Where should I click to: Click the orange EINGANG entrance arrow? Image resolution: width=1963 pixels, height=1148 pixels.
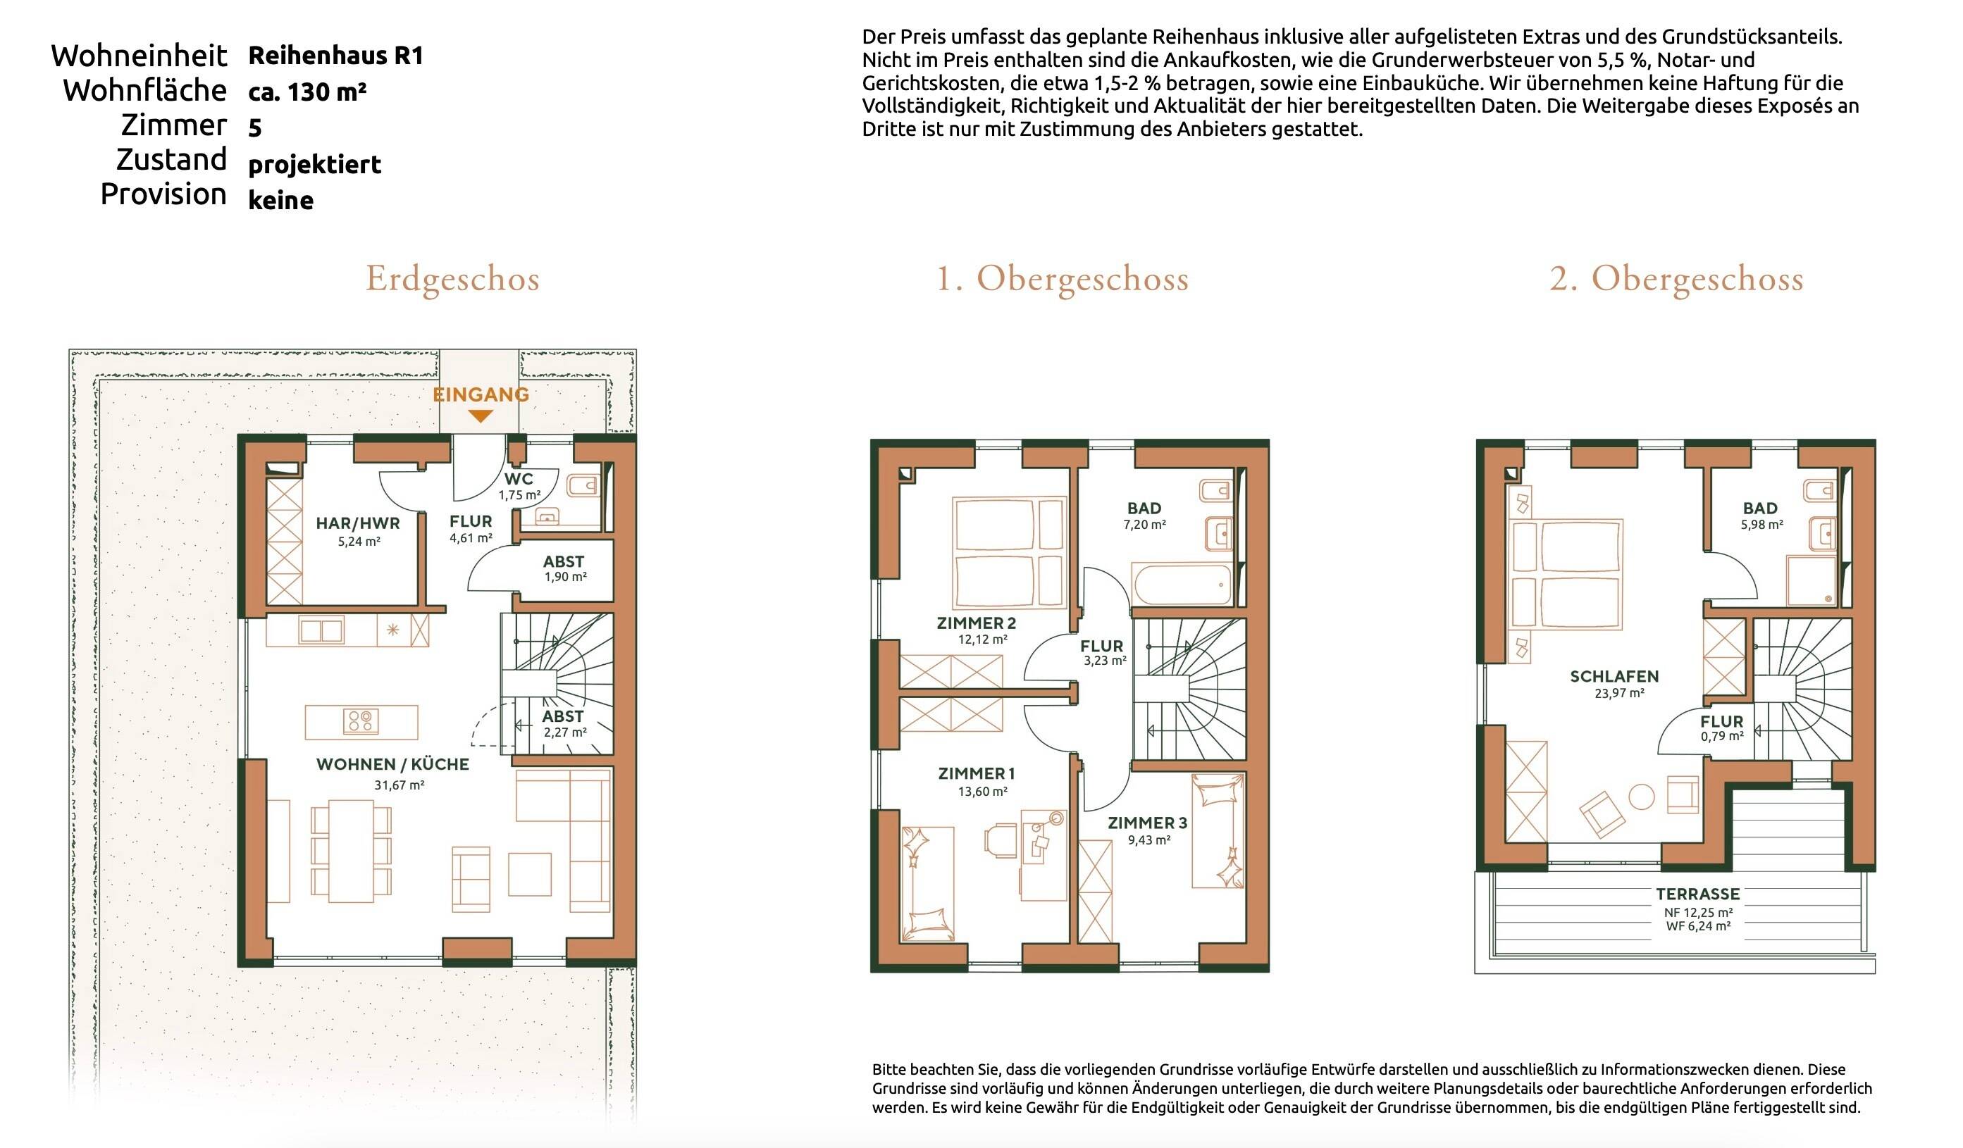pyautogui.click(x=481, y=417)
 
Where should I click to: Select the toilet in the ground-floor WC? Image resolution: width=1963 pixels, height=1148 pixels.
pyautogui.click(x=583, y=487)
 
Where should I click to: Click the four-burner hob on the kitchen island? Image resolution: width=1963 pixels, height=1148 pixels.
pyautogui.click(x=361, y=722)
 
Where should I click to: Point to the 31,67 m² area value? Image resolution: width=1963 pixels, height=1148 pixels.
pyautogui.click(x=399, y=785)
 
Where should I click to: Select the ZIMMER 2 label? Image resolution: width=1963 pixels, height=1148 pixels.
pyautogui.click(x=976, y=623)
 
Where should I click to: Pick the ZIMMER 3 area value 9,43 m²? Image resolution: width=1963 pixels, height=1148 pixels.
pyautogui.click(x=1149, y=840)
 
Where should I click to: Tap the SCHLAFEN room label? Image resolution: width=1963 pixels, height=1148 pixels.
pyautogui.click(x=1614, y=676)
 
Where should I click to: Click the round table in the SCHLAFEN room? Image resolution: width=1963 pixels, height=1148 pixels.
pyautogui.click(x=1641, y=797)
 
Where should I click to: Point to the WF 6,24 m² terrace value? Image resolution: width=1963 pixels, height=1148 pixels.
pyautogui.click(x=1698, y=927)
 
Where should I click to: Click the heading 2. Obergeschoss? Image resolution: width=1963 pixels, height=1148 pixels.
pyautogui.click(x=1676, y=279)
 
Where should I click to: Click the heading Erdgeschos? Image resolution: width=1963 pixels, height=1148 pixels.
pyautogui.click(x=452, y=279)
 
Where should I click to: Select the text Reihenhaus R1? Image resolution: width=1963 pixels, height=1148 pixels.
pyautogui.click(x=335, y=56)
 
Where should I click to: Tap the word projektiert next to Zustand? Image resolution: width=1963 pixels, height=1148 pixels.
pyautogui.click(x=315, y=164)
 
